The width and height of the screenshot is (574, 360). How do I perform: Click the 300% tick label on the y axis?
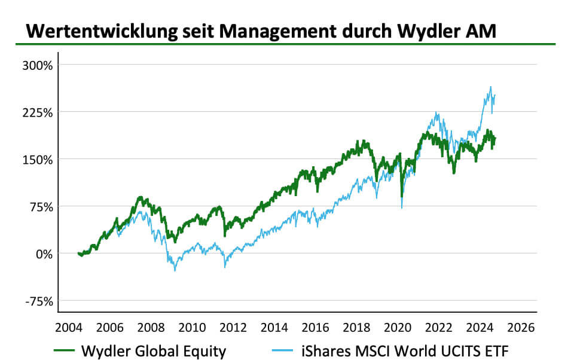37,65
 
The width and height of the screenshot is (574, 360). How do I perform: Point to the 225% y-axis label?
37,112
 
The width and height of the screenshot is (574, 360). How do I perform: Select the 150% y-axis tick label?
37,159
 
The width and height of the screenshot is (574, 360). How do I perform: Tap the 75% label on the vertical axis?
40,206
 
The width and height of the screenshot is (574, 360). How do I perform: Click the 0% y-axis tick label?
43,254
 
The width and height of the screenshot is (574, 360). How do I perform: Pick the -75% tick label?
38,301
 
